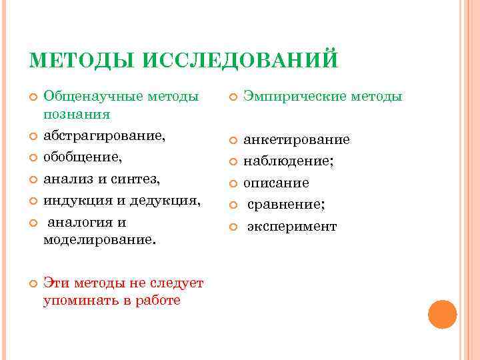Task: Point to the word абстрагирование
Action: [103, 136]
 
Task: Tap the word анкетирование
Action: [297, 140]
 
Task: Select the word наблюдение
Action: [287, 161]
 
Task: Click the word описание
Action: [276, 183]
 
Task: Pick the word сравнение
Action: [285, 205]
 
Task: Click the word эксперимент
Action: [292, 227]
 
